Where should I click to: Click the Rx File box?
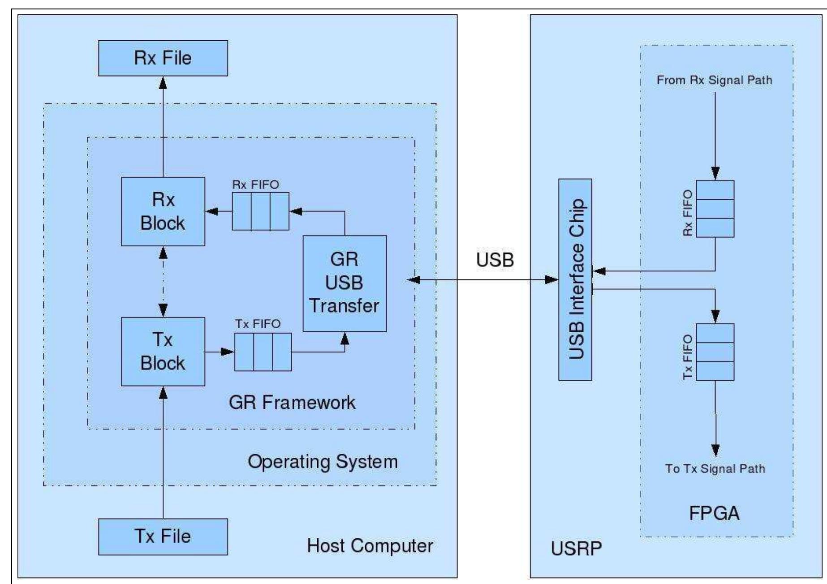(x=163, y=58)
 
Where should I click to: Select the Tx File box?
(x=163, y=537)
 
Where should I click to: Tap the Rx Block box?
(x=163, y=211)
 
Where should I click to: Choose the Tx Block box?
(x=163, y=352)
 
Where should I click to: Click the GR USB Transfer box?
(x=344, y=283)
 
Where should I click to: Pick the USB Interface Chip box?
(x=575, y=279)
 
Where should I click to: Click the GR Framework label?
(x=292, y=403)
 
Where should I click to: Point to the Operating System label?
(x=322, y=462)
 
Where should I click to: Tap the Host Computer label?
(x=370, y=546)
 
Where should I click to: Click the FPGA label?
(x=714, y=513)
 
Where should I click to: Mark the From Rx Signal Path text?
(x=714, y=80)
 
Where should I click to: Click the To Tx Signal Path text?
(x=715, y=469)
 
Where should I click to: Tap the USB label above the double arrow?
(x=495, y=260)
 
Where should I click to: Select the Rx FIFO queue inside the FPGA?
(x=715, y=209)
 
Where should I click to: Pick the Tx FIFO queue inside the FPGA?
(x=715, y=352)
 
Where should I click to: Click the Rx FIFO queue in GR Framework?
(x=260, y=211)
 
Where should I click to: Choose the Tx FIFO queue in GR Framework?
(x=263, y=352)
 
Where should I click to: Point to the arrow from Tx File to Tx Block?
(x=163, y=452)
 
